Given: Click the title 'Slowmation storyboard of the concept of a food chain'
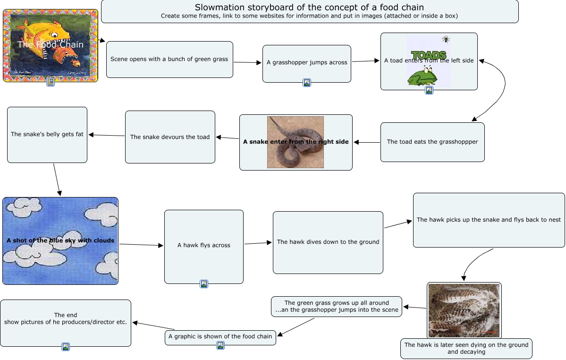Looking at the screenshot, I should [309, 8].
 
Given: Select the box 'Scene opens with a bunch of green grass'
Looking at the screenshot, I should [169, 60].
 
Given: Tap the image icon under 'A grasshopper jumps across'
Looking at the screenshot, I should [307, 83].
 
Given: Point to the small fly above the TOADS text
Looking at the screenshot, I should [445, 39].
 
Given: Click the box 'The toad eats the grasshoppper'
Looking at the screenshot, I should [432, 142].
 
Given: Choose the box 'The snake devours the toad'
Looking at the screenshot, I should [170, 137].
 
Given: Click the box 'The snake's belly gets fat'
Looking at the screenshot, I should [47, 135].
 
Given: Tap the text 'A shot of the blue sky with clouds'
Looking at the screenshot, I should [60, 240].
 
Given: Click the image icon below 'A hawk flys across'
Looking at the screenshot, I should [204, 284].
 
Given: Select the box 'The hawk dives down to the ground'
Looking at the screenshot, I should [328, 242].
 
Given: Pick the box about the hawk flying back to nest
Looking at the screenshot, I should [489, 220].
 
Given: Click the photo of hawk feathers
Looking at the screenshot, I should [464, 310].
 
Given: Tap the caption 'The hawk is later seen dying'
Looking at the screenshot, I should [466, 349].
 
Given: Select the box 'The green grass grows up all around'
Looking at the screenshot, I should [337, 307].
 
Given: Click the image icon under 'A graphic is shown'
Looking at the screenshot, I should [220, 345].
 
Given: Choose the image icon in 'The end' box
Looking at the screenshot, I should [66, 347].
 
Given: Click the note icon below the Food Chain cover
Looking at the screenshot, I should [51, 82].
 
